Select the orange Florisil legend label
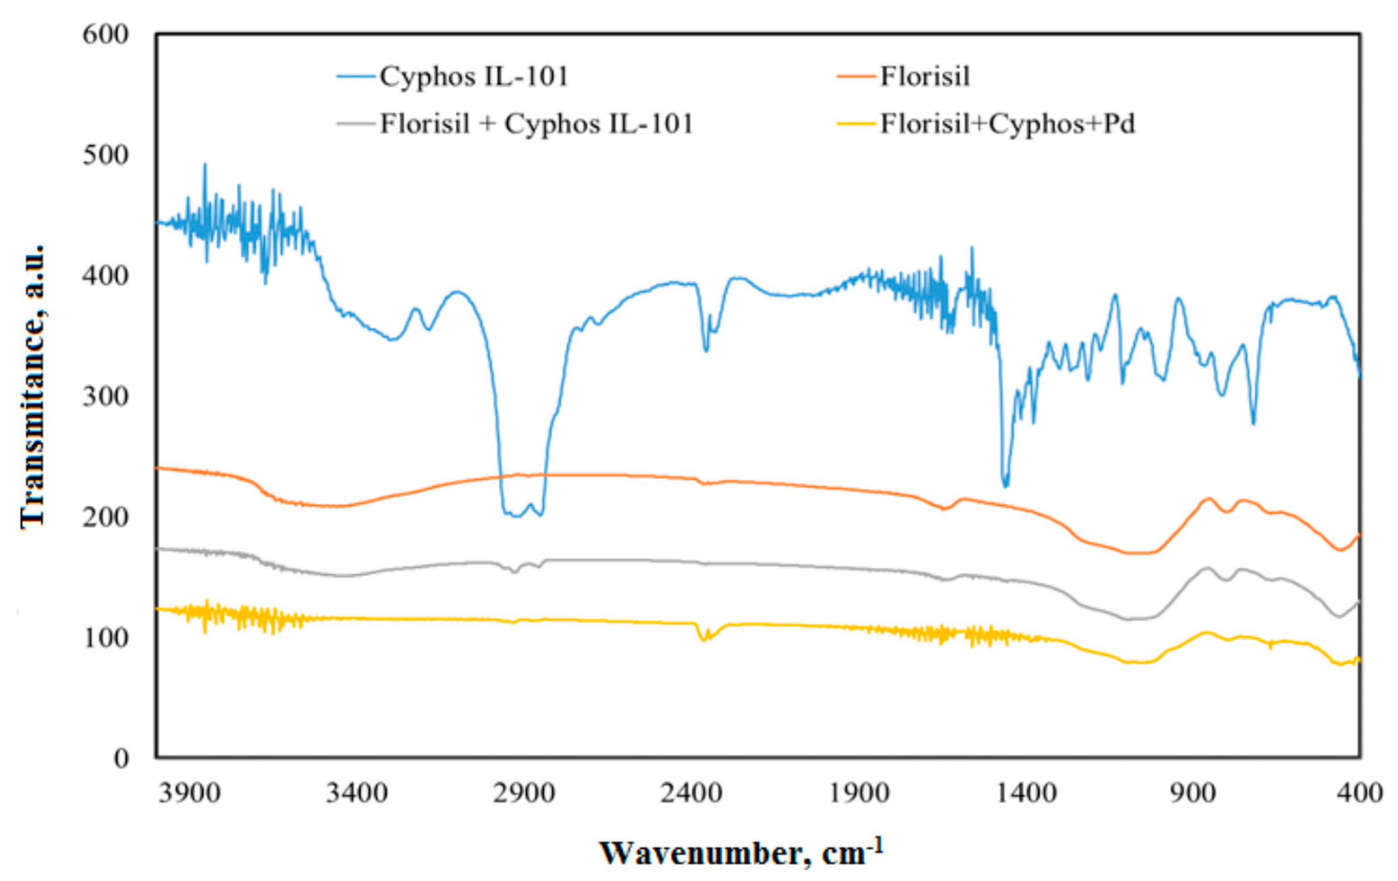pyautogui.click(x=925, y=77)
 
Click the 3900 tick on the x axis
pyautogui.click(x=190, y=793)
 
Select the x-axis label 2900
pyautogui.click(x=524, y=793)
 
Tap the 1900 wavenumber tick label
pyautogui.click(x=859, y=793)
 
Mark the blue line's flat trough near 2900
pyautogui.click(x=516, y=515)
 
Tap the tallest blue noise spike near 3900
pyautogui.click(x=204, y=166)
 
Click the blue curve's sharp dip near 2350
pyautogui.click(x=706, y=350)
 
